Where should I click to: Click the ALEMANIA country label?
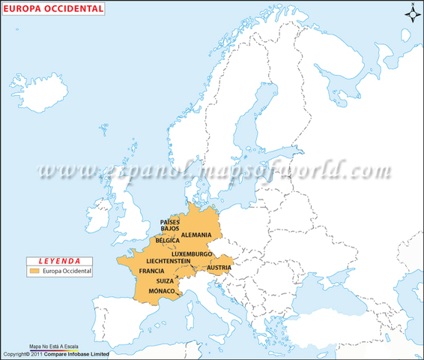(196, 235)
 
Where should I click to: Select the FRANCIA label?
(152, 271)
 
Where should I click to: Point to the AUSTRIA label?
(219, 267)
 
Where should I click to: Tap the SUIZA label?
(165, 280)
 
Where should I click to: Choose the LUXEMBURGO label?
(192, 253)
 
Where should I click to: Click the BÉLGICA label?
(169, 241)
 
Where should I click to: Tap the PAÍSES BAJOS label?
(170, 225)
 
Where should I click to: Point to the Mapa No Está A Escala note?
(54, 347)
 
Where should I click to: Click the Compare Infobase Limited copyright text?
(81, 354)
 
